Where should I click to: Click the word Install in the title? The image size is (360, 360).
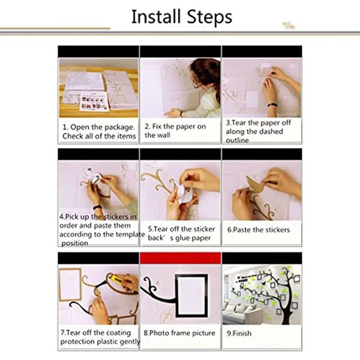click(156, 17)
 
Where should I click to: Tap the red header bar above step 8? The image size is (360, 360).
click(180, 258)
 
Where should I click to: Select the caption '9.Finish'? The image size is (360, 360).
click(239, 333)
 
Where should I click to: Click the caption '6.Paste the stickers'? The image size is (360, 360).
click(258, 229)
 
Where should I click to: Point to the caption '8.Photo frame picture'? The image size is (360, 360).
click(179, 333)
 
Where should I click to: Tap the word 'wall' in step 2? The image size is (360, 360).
click(164, 135)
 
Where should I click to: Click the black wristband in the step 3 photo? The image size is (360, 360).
click(272, 105)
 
